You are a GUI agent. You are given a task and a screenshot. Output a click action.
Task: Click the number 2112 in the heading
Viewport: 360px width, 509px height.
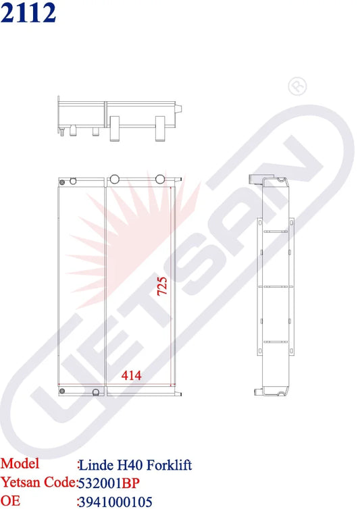click(28, 13)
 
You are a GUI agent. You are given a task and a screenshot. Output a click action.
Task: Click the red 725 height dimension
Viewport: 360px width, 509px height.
click(162, 286)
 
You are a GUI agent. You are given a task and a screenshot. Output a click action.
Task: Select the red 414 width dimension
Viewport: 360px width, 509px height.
click(132, 375)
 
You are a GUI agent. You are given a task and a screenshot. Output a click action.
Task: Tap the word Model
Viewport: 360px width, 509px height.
click(20, 464)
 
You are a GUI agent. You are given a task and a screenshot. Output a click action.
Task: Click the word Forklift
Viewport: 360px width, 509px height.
click(169, 465)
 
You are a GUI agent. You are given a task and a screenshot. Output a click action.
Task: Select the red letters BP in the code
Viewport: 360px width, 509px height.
click(130, 483)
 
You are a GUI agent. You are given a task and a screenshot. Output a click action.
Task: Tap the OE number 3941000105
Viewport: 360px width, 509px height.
click(115, 502)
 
